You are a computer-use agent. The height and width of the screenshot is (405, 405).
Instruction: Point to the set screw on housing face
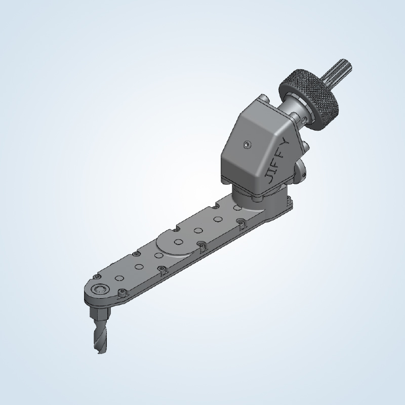(246, 145)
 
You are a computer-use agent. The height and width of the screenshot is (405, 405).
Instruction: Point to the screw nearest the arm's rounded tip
(122, 292)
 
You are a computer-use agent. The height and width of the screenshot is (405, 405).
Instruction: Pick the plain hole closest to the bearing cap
(118, 278)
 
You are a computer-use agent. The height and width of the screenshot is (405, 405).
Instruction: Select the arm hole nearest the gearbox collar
(236, 208)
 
